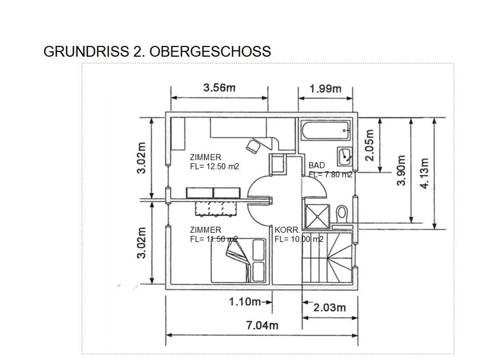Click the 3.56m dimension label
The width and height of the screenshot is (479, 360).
[x=219, y=88]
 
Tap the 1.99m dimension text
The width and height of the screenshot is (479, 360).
[x=325, y=89]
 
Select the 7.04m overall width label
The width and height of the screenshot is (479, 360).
[x=262, y=325]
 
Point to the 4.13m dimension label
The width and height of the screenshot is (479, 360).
[x=424, y=173]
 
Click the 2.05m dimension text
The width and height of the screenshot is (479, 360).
[x=370, y=145]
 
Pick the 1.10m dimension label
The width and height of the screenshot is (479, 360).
[x=245, y=302]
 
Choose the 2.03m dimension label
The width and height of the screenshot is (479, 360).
[x=330, y=308]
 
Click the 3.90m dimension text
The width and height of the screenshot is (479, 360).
[x=401, y=170]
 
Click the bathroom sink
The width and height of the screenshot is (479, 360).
[x=345, y=156]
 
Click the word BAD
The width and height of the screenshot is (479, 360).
[x=317, y=165]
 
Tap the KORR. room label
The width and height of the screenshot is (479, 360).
[x=287, y=230]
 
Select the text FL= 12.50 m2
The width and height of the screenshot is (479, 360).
[x=214, y=166]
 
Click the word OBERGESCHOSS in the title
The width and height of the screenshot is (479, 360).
[x=210, y=52]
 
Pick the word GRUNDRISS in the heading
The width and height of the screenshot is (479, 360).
[x=86, y=52]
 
